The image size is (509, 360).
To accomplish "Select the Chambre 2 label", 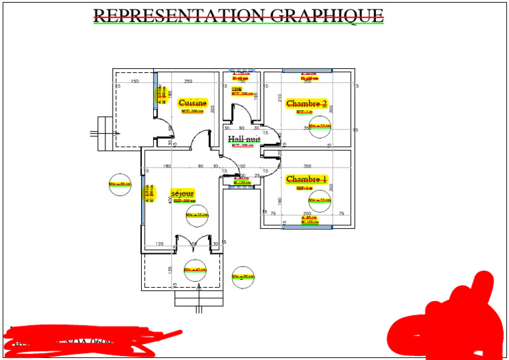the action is pos(306,103).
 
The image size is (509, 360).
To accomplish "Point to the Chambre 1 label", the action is pos(306,179).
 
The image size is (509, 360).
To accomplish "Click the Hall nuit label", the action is pos(244,139).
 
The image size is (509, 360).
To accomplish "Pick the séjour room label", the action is pos(182,192).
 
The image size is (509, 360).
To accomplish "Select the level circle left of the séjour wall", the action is pos(121,184).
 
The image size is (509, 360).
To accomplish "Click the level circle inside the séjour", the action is pos(197,215).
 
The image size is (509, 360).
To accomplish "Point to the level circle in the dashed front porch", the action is pos(196,270).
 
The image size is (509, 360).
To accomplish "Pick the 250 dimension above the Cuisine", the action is pos(188,82).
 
